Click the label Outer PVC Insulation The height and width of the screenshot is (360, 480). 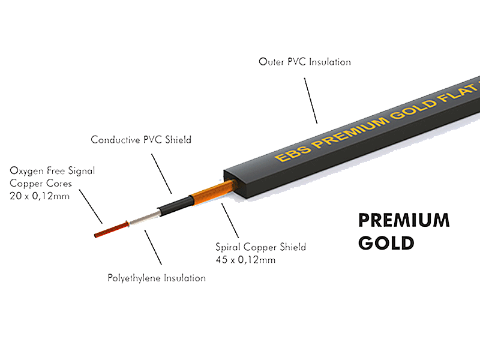[x=304, y=62]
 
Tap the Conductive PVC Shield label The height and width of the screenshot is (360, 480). [x=141, y=140]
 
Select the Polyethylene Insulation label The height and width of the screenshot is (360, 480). [x=157, y=278]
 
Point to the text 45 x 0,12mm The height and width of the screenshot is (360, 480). [x=245, y=260]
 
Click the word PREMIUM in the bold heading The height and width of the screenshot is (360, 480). [x=403, y=220]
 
